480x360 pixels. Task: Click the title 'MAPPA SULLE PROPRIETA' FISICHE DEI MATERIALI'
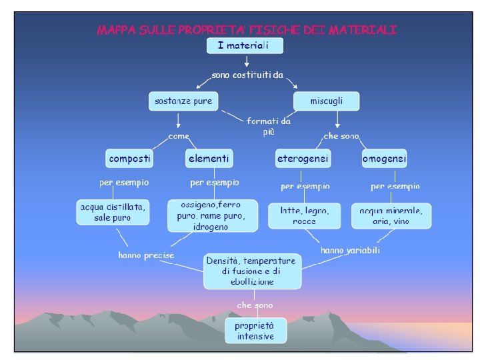point(247,29)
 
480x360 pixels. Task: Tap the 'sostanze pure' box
point(183,101)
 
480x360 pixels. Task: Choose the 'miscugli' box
point(327,101)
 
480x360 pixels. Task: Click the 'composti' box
point(130,159)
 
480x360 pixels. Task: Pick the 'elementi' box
point(209,159)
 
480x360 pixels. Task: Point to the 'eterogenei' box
point(303,159)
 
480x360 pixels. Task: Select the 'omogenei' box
point(384,159)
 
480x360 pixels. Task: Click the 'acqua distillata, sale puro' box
point(113,213)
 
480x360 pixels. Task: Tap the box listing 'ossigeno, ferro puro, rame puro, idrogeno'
point(212,215)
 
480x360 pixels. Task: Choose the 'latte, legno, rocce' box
point(304,215)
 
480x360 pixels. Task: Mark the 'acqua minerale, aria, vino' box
point(391,215)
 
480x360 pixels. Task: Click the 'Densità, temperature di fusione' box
point(253,271)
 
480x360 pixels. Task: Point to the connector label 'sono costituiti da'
point(247,75)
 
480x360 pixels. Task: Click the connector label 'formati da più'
point(268,126)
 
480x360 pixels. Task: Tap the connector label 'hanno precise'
point(146,255)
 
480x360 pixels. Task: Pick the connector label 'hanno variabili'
point(351,251)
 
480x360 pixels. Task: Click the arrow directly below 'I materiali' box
point(247,61)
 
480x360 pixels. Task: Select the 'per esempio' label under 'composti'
point(124,182)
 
